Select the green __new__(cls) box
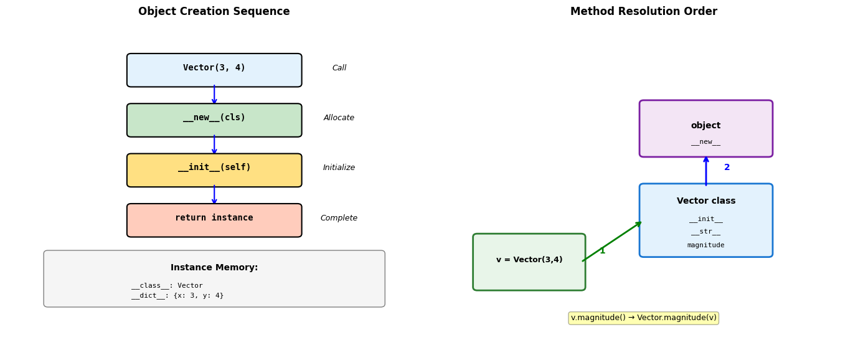[x=214, y=120]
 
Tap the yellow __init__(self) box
[x=214, y=170]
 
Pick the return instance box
[x=214, y=220]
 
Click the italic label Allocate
[x=339, y=118]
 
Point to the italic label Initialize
[x=339, y=168]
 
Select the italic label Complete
[x=339, y=218]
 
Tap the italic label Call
[x=339, y=68]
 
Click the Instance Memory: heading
[x=214, y=267]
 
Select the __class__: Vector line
[x=167, y=286]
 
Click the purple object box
[x=706, y=129]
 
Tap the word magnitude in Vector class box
[x=706, y=245]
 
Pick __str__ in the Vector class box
[x=706, y=232]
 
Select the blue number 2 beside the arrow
[x=727, y=168]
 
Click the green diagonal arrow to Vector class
[x=611, y=242]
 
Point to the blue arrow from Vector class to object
[x=706, y=171]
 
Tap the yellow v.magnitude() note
[x=644, y=318]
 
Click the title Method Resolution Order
[x=644, y=11]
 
